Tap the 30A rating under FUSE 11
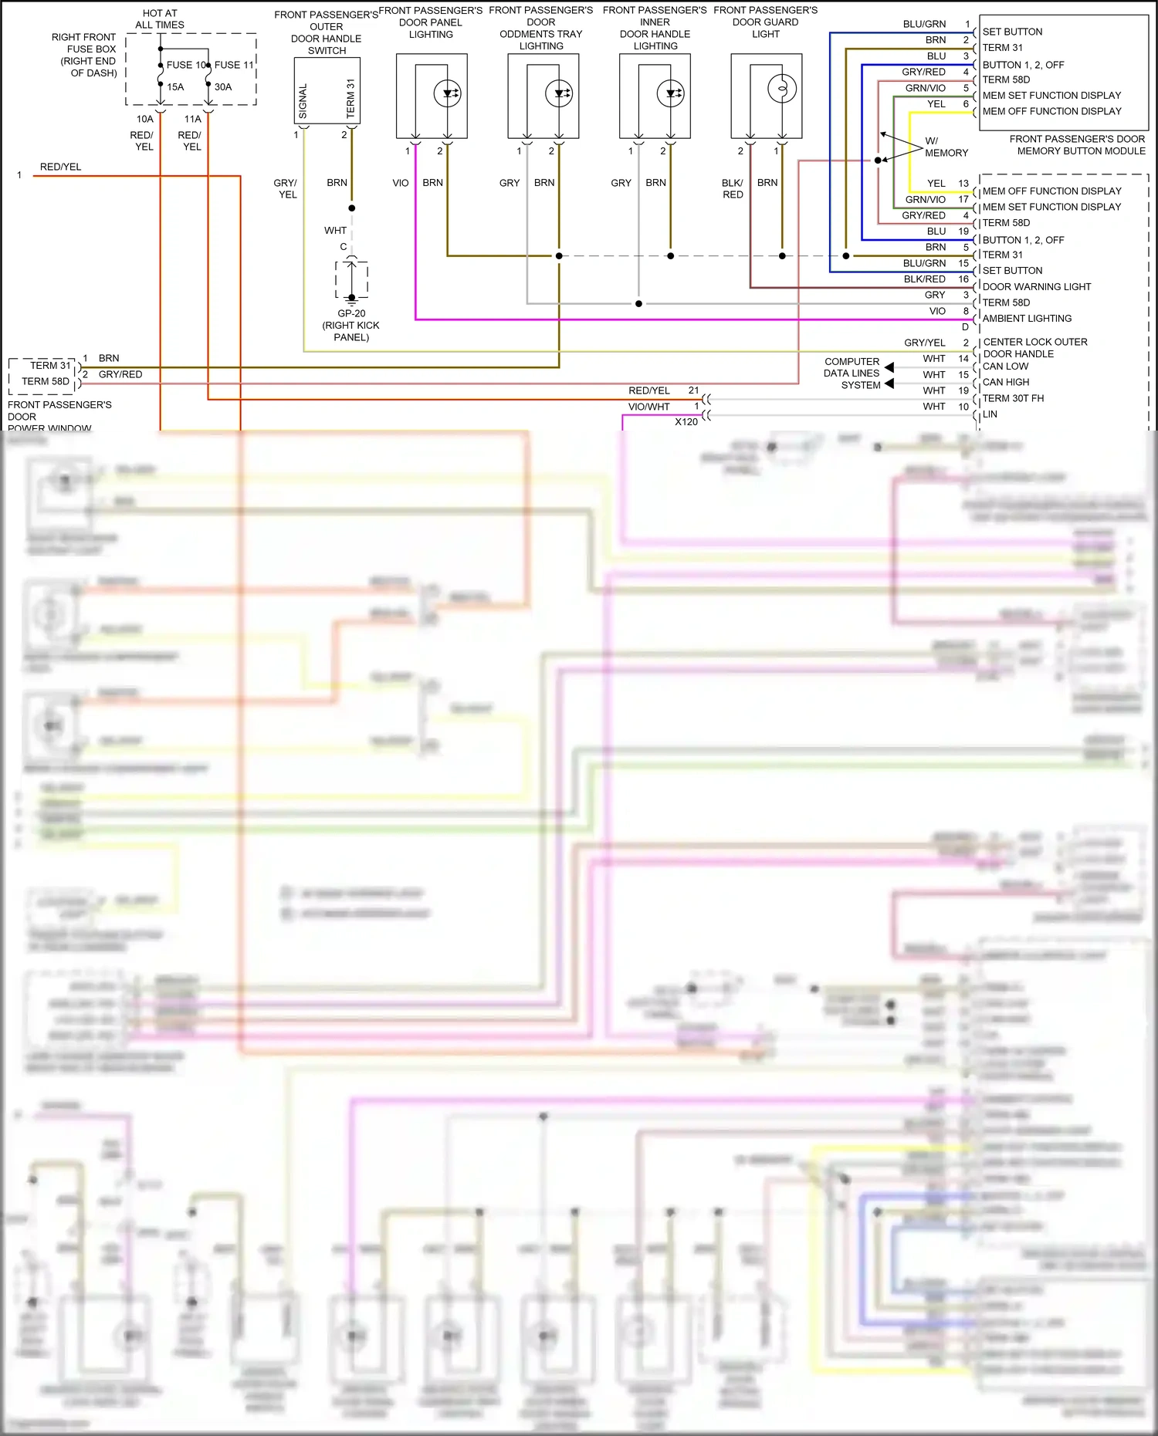223,87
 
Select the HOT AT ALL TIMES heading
160,19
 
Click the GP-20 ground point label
351,313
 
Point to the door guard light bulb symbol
781,89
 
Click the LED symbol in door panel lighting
448,94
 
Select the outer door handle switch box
327,91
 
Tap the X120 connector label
686,422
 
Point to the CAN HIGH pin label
1005,382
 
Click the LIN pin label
990,414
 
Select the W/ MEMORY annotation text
945,147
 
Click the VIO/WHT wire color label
648,407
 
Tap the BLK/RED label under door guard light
733,188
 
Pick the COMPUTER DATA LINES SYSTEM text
852,373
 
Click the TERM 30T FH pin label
1013,398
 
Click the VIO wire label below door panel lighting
400,183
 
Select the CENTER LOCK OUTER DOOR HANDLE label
1034,348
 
